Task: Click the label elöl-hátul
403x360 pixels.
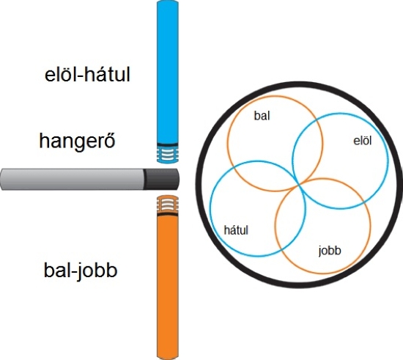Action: (87, 75)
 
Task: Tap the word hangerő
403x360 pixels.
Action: (77, 142)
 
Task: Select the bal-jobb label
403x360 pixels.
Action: (81, 271)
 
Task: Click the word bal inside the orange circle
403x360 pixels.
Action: (262, 116)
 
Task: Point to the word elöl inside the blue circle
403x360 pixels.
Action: (363, 141)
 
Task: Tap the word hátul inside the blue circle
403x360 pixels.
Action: (236, 230)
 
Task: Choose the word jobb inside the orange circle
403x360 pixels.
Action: (330, 251)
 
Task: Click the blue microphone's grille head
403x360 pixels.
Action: (168, 154)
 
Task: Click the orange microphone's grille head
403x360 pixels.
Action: (168, 204)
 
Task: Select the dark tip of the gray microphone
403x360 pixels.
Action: (161, 179)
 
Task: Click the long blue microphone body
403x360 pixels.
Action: (168, 72)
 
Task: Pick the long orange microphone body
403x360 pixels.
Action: (168, 287)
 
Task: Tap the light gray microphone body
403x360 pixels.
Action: (72, 179)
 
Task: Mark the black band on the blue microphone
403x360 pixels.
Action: (168, 144)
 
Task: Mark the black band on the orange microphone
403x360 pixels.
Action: (168, 214)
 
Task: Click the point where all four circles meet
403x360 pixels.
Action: (299, 183)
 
